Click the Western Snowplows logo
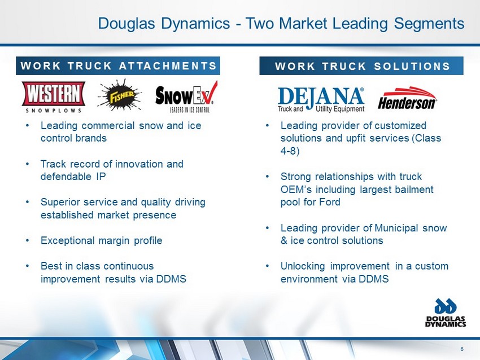tap(53, 97)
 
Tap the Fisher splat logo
tap(120, 95)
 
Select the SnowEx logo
tap(186, 96)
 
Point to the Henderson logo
tap(407, 98)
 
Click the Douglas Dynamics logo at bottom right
tap(446, 313)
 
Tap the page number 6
tap(462, 349)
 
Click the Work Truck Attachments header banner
tap(118, 66)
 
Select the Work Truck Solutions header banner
tap(361, 66)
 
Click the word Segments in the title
tap(429, 24)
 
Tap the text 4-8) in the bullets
tap(290, 151)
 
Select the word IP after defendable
tap(101, 177)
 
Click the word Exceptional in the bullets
tap(68, 241)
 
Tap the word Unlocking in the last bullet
tap(303, 266)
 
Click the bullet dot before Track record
tap(28, 164)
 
